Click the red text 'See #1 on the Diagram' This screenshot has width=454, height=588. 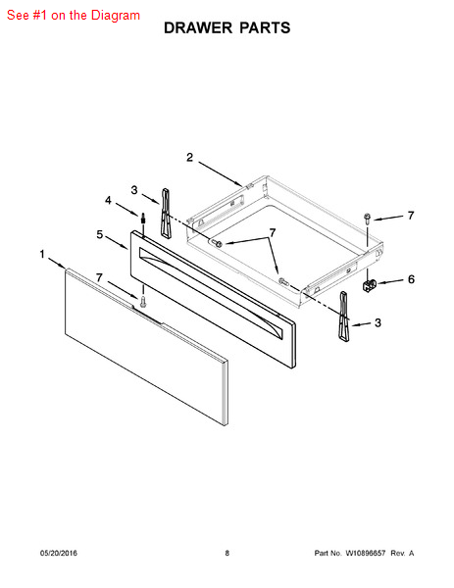point(74,16)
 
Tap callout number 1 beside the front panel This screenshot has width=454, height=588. point(42,254)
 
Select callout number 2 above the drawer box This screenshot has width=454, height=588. point(190,157)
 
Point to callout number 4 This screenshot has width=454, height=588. point(108,200)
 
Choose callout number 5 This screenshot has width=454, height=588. point(99,234)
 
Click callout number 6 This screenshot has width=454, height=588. point(411,279)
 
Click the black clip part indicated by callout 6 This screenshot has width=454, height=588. point(370,285)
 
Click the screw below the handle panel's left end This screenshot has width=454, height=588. point(142,301)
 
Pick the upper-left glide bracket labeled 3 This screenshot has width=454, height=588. point(166,213)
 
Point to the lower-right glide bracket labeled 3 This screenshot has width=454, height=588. point(344,316)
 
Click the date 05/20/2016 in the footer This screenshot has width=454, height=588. point(59,553)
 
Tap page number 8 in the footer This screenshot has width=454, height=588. point(227,553)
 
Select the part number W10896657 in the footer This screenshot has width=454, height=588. point(365,553)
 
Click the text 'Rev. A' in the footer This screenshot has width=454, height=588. point(402,553)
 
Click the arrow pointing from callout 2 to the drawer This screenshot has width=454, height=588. point(221,174)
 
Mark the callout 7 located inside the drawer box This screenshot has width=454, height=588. point(273,233)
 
